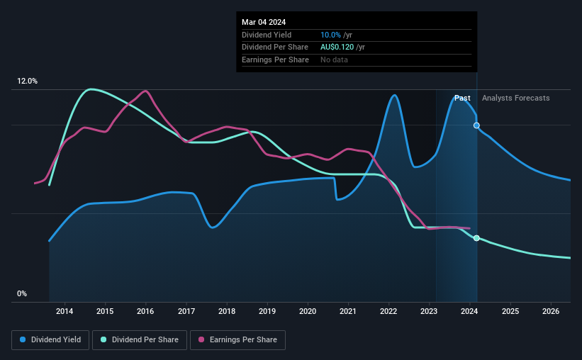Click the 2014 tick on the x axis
pyautogui.click(x=65, y=311)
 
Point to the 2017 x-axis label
pyautogui.click(x=186, y=311)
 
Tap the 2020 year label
pyautogui.click(x=308, y=311)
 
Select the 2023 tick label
pyautogui.click(x=429, y=311)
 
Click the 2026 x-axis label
pyautogui.click(x=550, y=311)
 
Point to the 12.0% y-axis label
pyautogui.click(x=27, y=81)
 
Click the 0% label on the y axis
pyautogui.click(x=22, y=293)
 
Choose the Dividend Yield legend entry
pyautogui.click(x=50, y=340)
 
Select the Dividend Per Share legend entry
pyautogui.click(x=140, y=340)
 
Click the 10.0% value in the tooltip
pyautogui.click(x=331, y=35)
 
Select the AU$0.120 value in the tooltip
pyautogui.click(x=337, y=47)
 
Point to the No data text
pyautogui.click(x=334, y=60)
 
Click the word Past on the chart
pyautogui.click(x=462, y=98)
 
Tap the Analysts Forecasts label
pyautogui.click(x=515, y=98)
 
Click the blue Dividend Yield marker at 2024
pyautogui.click(x=476, y=125)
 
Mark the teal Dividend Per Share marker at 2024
pyautogui.click(x=476, y=238)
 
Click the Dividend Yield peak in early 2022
pyautogui.click(x=393, y=95)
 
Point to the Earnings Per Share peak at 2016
pyautogui.click(x=145, y=91)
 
